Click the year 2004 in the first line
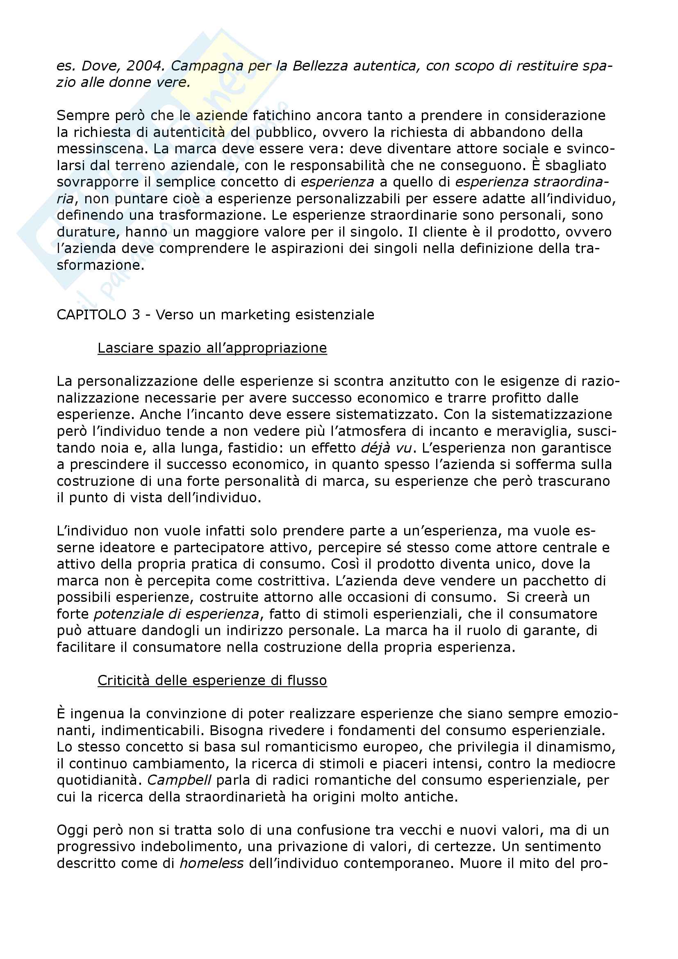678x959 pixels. (145, 66)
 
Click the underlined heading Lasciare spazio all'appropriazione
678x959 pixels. (212, 348)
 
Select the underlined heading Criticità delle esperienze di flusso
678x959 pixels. (212, 681)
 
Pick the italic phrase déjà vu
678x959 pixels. (386, 448)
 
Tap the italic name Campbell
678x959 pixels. (179, 780)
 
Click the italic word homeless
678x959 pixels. (212, 863)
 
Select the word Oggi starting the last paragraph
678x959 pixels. (73, 830)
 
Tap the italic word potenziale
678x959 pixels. (129, 614)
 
